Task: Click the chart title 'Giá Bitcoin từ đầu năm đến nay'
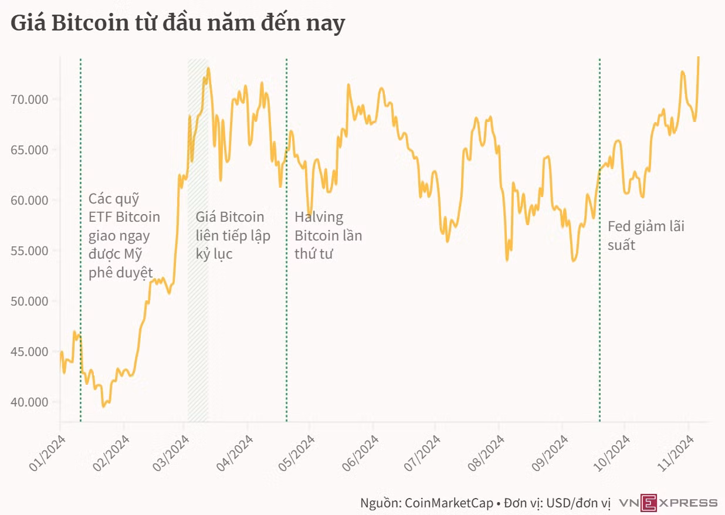click(178, 23)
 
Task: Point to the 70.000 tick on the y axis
click(29, 99)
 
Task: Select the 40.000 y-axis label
click(29, 402)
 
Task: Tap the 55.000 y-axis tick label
click(29, 251)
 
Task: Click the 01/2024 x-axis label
click(48, 453)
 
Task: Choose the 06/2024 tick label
click(360, 453)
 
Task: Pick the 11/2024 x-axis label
click(676, 453)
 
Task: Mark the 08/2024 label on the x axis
click(486, 453)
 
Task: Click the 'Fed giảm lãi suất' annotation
click(646, 236)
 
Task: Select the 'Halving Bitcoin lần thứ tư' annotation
click(328, 235)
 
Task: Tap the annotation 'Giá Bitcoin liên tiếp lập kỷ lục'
click(233, 235)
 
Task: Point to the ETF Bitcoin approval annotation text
click(124, 236)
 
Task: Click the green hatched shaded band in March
click(198, 240)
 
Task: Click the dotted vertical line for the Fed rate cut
click(599, 240)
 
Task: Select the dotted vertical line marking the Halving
click(286, 240)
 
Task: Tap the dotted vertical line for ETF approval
click(80, 240)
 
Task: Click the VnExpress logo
click(668, 503)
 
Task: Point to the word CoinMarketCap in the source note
click(449, 503)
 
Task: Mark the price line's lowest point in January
click(104, 406)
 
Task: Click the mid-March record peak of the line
click(208, 68)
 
